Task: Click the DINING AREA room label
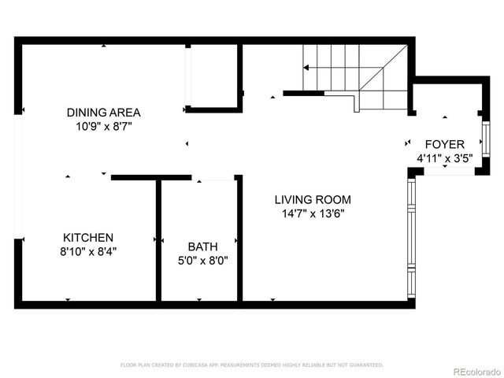(x=103, y=112)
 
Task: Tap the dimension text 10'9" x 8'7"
(x=103, y=125)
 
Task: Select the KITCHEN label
(x=88, y=237)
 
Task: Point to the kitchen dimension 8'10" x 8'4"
(x=88, y=251)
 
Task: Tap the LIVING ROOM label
(x=313, y=199)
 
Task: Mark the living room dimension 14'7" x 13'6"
(x=313, y=213)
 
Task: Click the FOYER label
(x=444, y=144)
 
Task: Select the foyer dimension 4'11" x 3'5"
(x=444, y=157)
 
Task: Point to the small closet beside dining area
(x=213, y=76)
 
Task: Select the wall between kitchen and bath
(x=158, y=240)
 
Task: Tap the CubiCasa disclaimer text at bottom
(x=252, y=365)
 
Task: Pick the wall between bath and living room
(x=239, y=240)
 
